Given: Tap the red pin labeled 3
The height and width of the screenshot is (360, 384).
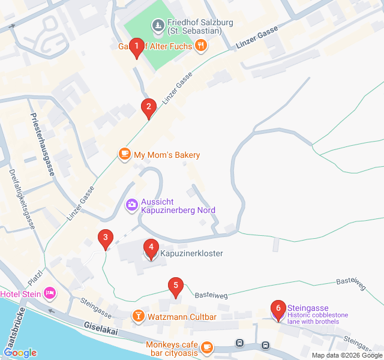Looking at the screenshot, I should pyautogui.click(x=106, y=239).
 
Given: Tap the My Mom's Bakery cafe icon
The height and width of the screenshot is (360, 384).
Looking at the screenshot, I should pyautogui.click(x=124, y=155).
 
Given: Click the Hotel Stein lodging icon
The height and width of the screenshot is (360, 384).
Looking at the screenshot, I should pyautogui.click(x=49, y=293).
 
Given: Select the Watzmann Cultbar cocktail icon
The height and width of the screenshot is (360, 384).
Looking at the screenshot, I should pyautogui.click(x=138, y=316).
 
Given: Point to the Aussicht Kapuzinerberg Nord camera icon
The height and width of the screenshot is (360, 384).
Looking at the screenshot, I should pyautogui.click(x=131, y=206).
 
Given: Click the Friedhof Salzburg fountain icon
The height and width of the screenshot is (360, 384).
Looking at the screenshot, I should pyautogui.click(x=158, y=26).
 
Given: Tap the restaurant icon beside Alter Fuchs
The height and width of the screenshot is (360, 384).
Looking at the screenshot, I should pyautogui.click(x=202, y=44).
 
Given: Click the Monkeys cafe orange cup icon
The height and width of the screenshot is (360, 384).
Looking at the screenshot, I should pyautogui.click(x=207, y=347).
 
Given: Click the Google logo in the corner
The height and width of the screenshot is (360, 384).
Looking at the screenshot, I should pyautogui.click(x=20, y=353).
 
